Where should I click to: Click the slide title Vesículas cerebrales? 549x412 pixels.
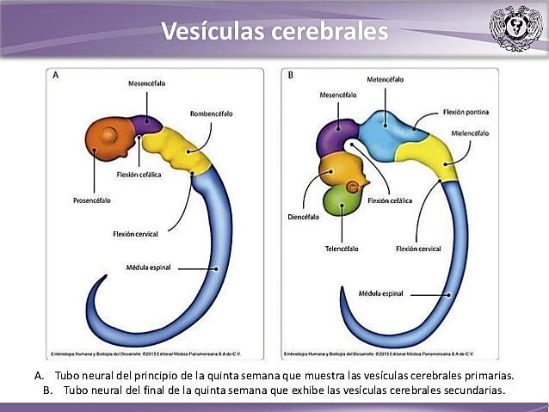pos(274,32)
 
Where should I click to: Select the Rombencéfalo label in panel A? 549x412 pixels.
pos(211,114)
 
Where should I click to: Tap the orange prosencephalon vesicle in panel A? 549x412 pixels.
pos(109,141)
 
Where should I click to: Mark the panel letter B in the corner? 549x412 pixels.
pos(290,76)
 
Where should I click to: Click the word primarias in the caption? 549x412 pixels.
pos(487,376)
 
